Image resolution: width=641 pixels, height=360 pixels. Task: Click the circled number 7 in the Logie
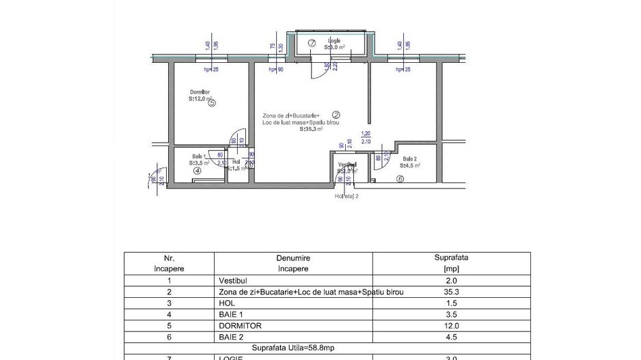coord(312,43)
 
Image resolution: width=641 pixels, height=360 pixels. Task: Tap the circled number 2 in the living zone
coord(336,115)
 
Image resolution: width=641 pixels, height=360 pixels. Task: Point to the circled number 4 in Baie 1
coord(197,171)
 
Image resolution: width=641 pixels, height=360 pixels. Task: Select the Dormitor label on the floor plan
coord(200,92)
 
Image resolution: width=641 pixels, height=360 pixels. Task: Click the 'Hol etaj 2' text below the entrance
coord(346,195)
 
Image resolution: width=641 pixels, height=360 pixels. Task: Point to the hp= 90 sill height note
coord(275,69)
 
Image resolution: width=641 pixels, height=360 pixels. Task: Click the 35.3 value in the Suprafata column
coord(452,292)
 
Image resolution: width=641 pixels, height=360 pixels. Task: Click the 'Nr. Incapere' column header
coord(169,264)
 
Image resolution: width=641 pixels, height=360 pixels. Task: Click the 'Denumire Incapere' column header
coord(293,264)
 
